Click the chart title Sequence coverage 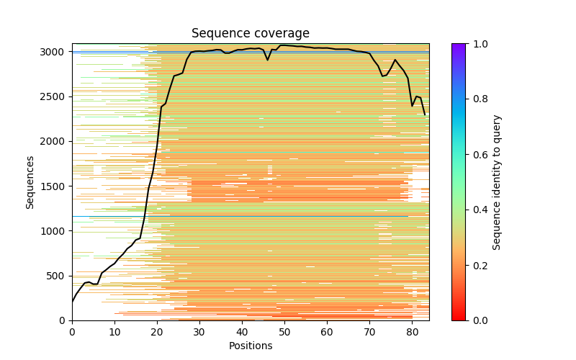(x=250, y=34)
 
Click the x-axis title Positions (x=250, y=346)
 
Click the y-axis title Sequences (x=30, y=182)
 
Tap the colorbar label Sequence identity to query (x=497, y=182)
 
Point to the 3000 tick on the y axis (x=56, y=52)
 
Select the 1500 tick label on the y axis (x=56, y=186)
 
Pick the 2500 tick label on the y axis (x=56, y=96)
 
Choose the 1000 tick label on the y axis (x=56, y=231)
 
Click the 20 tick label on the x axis (x=157, y=332)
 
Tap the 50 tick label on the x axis (x=284, y=332)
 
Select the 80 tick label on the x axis (x=412, y=332)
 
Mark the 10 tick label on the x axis (x=114, y=332)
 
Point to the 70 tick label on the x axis (x=369, y=332)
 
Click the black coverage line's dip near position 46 (x=267, y=60)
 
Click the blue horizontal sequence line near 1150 (x=216, y=216)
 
